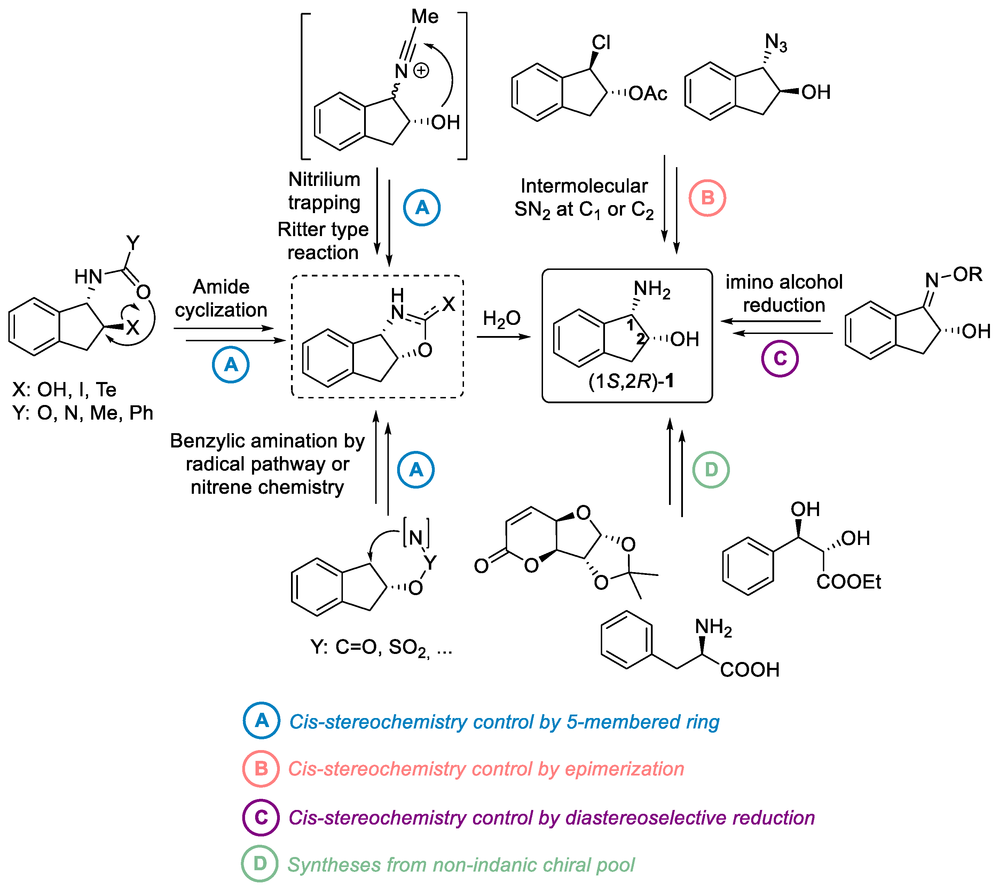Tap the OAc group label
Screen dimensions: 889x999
647,93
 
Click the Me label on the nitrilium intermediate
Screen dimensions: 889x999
425,17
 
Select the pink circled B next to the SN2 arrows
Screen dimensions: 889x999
707,198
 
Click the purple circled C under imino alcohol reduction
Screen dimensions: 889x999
780,358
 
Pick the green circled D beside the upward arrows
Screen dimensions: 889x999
711,469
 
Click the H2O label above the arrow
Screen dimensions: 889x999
502,318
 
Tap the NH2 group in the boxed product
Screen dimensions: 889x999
652,289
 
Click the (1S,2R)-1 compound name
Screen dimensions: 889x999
631,381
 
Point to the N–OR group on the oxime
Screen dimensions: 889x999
953,277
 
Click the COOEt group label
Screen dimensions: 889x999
849,582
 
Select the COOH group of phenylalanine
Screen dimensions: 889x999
749,669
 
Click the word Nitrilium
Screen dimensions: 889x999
324,179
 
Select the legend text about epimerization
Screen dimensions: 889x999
486,769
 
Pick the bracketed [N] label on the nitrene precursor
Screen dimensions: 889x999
416,537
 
